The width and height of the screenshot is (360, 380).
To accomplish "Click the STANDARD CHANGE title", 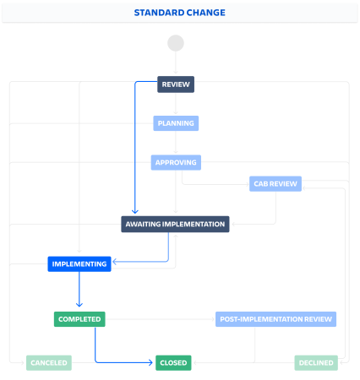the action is pos(180,13).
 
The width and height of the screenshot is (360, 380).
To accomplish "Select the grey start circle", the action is pos(176,43).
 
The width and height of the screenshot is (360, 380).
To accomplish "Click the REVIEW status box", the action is pos(176,84).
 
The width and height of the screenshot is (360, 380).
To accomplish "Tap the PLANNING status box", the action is pos(176,123).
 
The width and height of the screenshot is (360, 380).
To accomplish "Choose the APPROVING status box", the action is pos(176,162).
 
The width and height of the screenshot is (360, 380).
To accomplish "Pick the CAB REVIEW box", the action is pos(275,184).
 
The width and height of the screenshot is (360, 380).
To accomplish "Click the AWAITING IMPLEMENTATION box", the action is pos(175,224).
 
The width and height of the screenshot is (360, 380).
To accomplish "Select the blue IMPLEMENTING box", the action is pos(79,264).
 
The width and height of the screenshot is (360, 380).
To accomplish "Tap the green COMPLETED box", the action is pos(79,319).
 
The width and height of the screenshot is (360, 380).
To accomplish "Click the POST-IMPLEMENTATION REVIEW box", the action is pos(275,319).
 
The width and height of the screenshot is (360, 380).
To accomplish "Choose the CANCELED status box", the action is pos(49,363).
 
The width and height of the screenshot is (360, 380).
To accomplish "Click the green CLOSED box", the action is pos(173,363).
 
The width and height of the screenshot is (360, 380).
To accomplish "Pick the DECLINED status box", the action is pos(316,363).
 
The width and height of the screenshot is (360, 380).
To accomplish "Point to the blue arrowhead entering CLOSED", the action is pos(150,362).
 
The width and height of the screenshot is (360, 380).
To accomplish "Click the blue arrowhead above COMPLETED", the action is pos(79,305).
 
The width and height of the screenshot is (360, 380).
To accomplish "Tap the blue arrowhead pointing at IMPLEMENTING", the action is pos(115,262).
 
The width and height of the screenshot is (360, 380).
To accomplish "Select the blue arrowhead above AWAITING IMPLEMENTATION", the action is pos(135,211).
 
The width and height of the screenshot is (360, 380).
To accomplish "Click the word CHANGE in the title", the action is pos(206,13).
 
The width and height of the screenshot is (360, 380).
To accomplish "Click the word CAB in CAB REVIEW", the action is pos(260,184).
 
